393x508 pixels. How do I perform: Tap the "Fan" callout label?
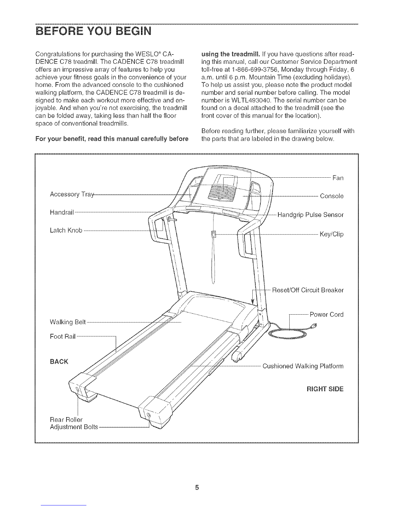pos(338,178)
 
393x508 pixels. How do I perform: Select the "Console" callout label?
pos(332,196)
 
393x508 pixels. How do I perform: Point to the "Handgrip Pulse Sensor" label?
pos(310,215)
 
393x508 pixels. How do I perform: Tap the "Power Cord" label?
pos(327,314)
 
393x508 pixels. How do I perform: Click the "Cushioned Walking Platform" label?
pos(303,366)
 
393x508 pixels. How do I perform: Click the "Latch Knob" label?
pos(66,230)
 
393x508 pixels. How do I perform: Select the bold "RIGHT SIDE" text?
pos(325,389)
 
